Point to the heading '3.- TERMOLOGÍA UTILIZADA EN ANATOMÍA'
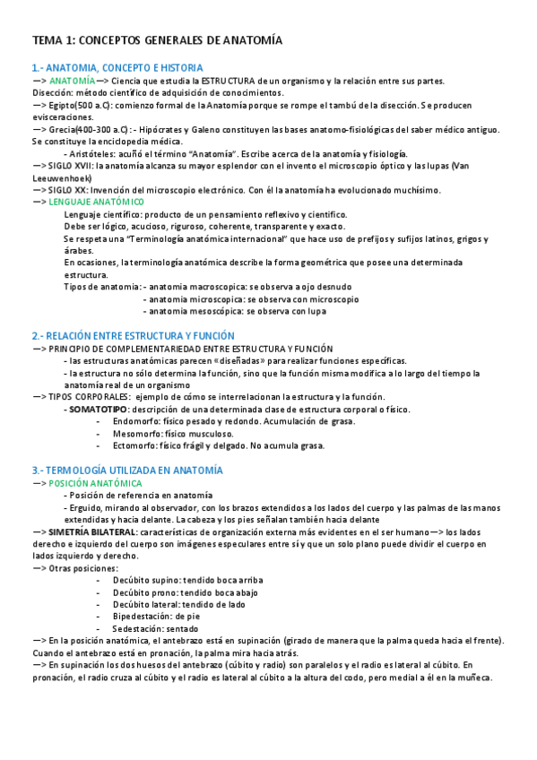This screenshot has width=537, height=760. coord(127,470)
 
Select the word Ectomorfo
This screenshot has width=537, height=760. coord(134,445)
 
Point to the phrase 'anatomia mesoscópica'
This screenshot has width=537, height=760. coord(185,311)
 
